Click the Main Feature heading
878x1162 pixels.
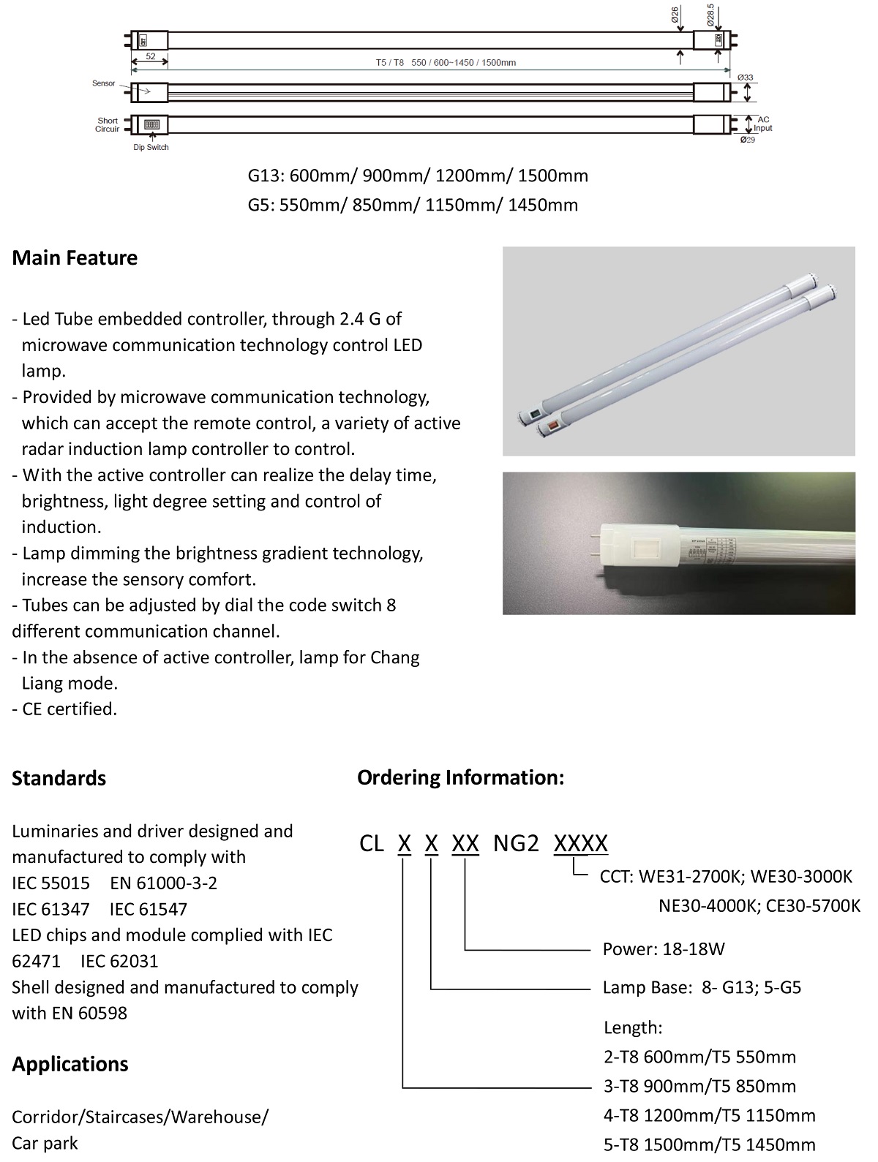pos(75,258)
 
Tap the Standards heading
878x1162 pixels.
pos(59,778)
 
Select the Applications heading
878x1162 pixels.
pos(70,1064)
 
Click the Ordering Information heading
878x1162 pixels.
pos(460,777)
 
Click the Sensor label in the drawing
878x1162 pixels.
pos(104,83)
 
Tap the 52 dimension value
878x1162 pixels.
pos(150,56)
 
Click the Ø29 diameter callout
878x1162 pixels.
pos(747,140)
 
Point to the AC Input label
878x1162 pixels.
pos(762,124)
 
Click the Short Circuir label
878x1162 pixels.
pos(108,125)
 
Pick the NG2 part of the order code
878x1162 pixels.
pos(516,844)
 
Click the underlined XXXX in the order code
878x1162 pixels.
pos(580,844)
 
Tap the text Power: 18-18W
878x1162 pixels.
pos(664,949)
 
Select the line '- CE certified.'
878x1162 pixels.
pos(64,709)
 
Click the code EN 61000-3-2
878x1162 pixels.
pos(163,883)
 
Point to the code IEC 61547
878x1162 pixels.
pos(148,909)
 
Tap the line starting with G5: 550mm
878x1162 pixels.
pos(413,205)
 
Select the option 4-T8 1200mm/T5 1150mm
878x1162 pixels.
pos(709,1115)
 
